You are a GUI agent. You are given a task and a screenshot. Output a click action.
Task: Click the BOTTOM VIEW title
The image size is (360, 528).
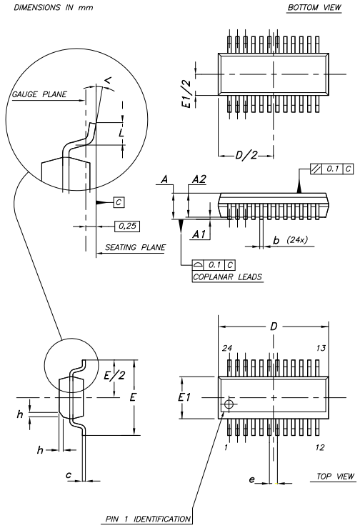click(x=314, y=7)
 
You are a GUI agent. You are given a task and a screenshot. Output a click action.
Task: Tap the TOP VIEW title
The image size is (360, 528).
click(x=335, y=476)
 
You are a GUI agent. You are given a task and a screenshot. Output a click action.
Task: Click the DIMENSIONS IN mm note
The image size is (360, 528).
click(x=53, y=7)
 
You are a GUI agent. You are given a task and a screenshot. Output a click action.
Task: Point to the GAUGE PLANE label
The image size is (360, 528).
click(x=39, y=94)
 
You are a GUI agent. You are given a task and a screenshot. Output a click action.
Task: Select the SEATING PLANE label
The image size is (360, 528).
click(x=135, y=247)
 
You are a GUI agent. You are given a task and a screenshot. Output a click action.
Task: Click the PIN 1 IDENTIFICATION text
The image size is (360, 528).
click(x=148, y=519)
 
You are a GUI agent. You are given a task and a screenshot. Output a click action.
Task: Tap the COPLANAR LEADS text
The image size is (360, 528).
click(x=227, y=277)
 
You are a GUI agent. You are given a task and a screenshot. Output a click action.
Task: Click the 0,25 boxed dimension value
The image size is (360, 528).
click(x=127, y=226)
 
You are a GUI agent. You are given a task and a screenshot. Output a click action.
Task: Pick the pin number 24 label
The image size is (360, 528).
click(x=227, y=348)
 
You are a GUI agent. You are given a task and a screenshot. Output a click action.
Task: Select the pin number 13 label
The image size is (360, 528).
click(x=321, y=348)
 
